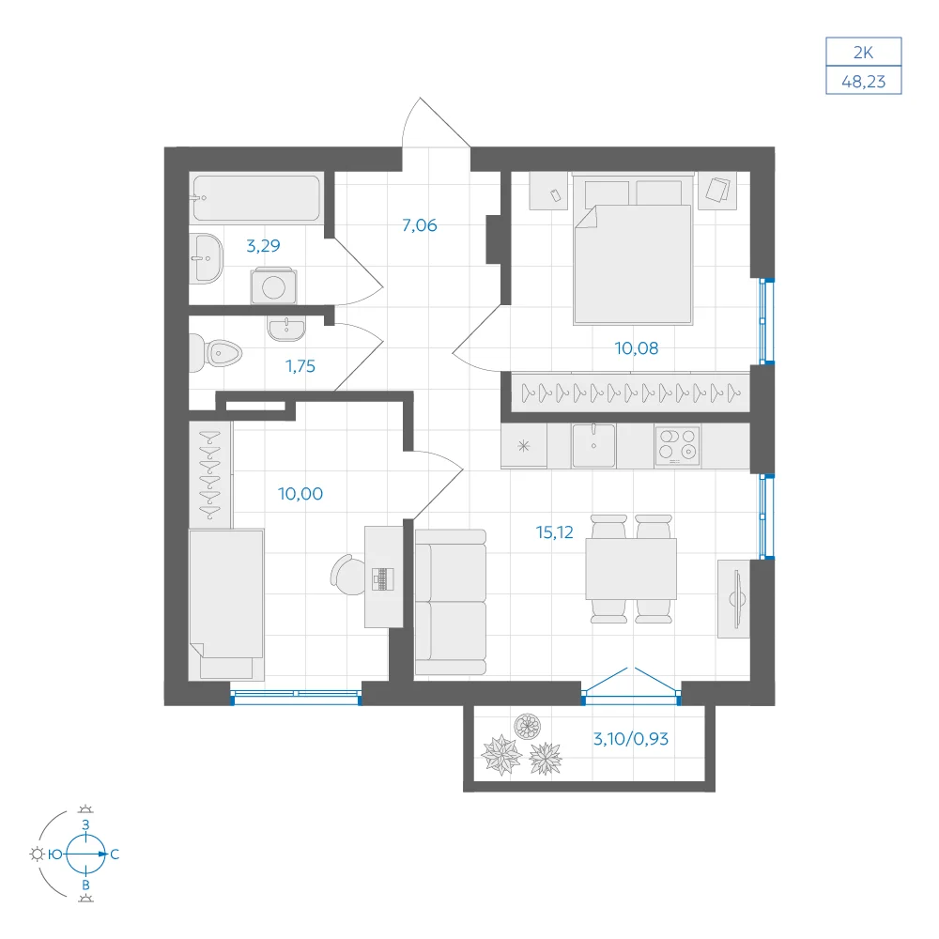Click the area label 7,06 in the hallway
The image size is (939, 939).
[x=419, y=225]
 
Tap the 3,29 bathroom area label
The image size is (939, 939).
[x=263, y=245]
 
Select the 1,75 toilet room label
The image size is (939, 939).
[x=300, y=366]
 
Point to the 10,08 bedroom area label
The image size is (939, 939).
[x=636, y=348]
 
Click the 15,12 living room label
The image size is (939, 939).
[x=555, y=531]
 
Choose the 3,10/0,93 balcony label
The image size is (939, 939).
[x=631, y=738]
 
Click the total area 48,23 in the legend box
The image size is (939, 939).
[x=864, y=82]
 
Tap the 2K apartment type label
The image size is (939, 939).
[x=864, y=53]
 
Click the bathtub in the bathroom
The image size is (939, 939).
[x=256, y=198]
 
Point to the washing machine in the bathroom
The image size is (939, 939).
[x=273, y=285]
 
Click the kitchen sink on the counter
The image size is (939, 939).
[x=593, y=445]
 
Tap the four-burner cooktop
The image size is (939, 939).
[x=677, y=445]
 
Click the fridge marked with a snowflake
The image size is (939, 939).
[x=524, y=445]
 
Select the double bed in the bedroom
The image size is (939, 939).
[x=634, y=249]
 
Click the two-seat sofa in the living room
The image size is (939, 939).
[x=451, y=603]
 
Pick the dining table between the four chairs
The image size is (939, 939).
[x=631, y=569]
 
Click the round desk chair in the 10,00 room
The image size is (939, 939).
[x=348, y=575]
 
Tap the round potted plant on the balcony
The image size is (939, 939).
[x=527, y=727]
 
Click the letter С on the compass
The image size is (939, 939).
[x=115, y=854]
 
